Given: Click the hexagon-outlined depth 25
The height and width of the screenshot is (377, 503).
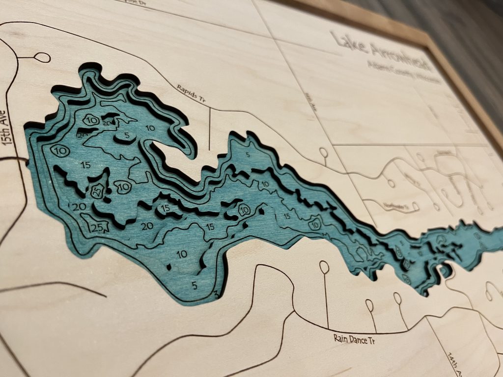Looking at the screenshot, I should pos(97,192).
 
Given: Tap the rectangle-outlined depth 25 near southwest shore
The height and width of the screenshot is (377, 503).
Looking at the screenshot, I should pos(98,227).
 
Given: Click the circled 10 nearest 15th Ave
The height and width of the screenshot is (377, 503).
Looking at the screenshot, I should pos(61,150).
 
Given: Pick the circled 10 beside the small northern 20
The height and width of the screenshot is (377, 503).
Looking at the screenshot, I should pos(91,120).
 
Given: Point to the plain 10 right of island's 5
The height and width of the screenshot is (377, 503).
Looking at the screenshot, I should pos(151,129).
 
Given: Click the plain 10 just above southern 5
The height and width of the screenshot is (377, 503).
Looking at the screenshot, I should pos(182,254).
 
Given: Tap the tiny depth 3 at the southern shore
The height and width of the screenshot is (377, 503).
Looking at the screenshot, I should pos(217,294).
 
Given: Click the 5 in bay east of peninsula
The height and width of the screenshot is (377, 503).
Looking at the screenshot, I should pos(248,156).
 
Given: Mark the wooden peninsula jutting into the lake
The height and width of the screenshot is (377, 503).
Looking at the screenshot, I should pos(169,155).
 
